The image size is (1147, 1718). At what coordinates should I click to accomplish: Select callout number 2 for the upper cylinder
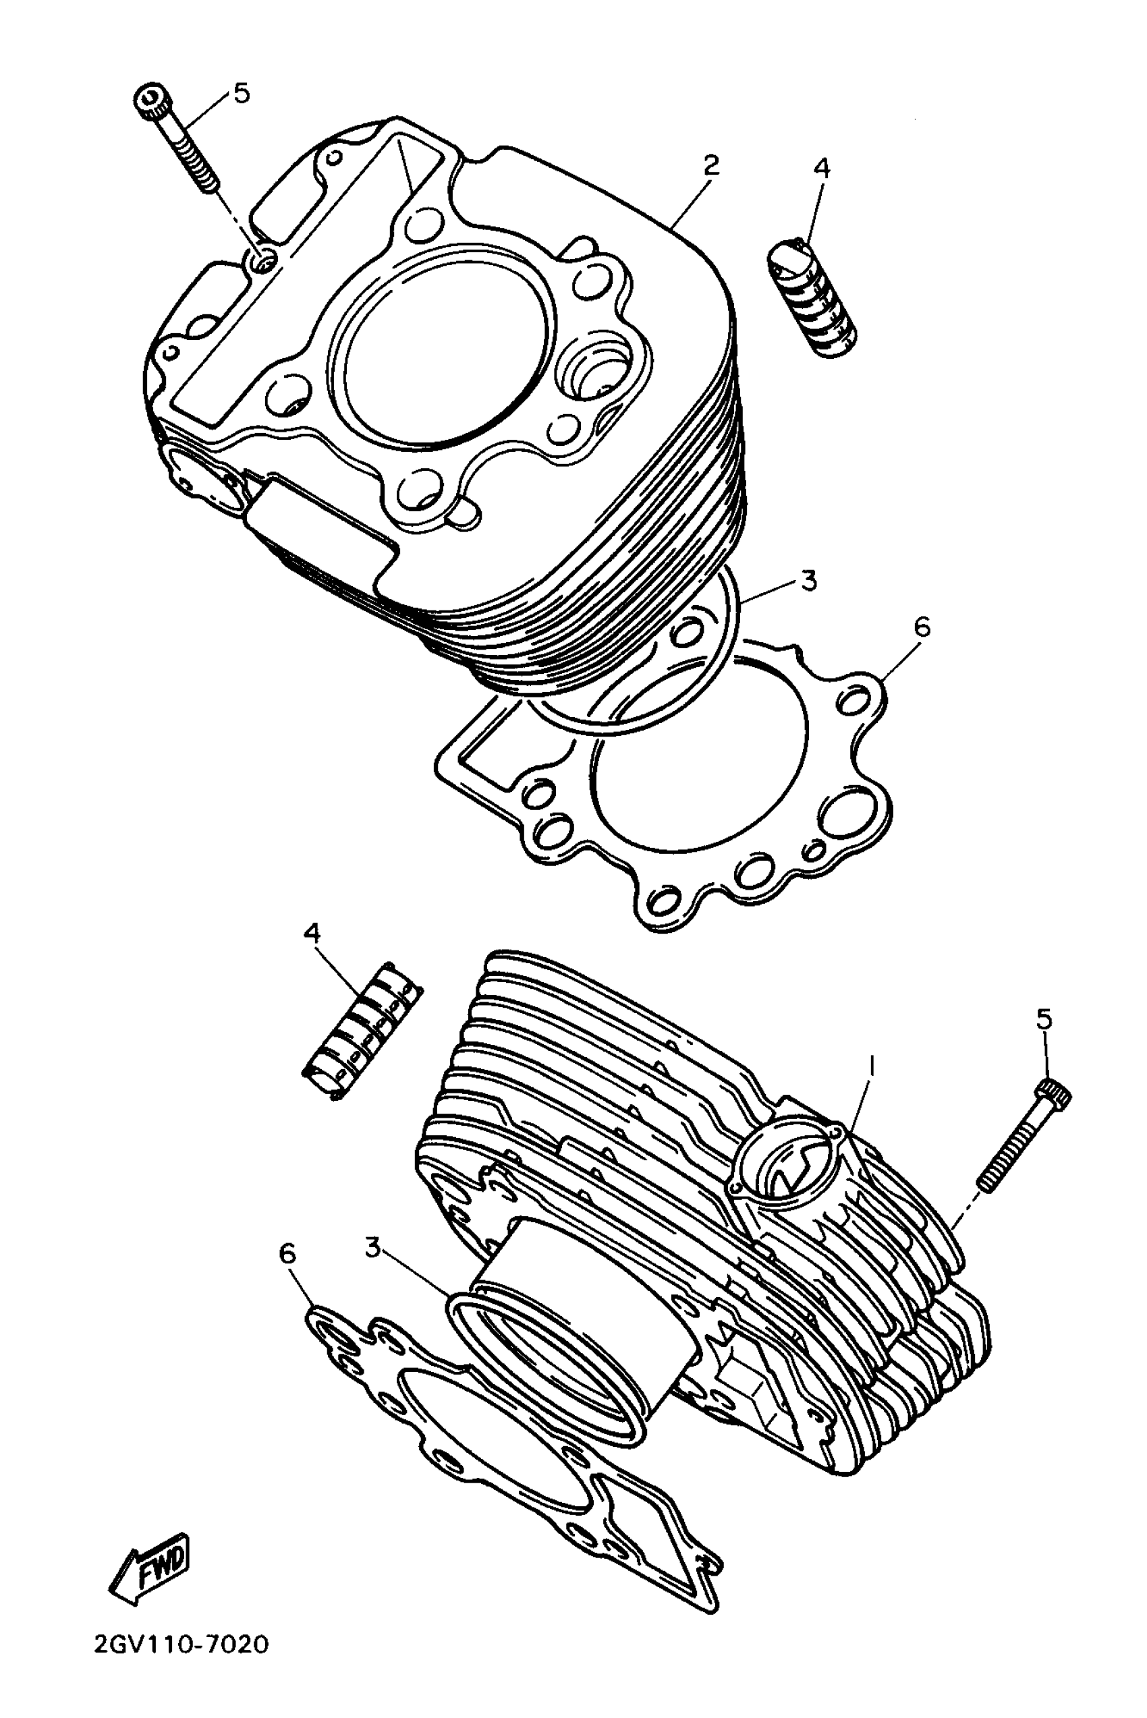tap(710, 165)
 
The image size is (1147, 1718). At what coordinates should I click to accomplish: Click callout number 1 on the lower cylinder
tap(870, 1067)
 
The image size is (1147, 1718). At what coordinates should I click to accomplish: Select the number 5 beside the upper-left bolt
tap(242, 93)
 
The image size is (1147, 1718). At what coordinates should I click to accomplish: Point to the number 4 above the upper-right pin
tap(822, 169)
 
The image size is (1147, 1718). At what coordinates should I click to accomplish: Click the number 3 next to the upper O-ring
tap(808, 581)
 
